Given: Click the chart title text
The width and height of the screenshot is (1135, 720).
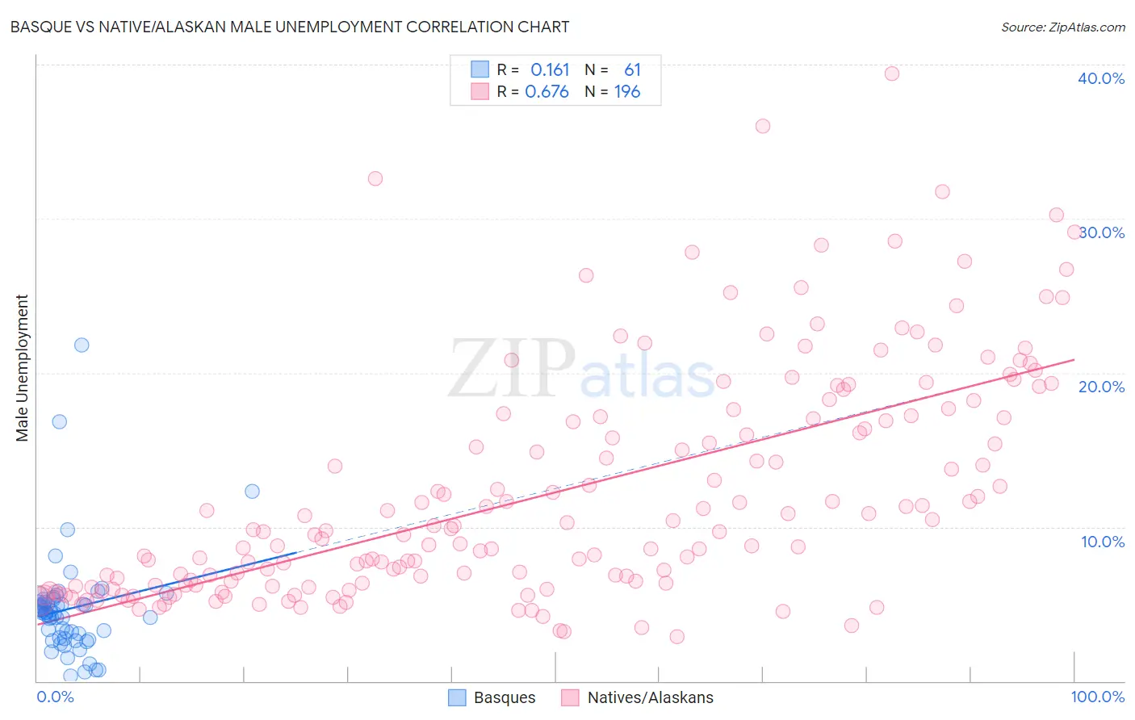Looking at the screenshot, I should point(290,27).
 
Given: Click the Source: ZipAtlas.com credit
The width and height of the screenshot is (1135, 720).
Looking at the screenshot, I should point(1062,27).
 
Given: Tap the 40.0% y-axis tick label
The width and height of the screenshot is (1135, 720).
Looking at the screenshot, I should point(1100,78).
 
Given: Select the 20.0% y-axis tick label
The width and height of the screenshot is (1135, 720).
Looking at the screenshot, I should point(1101,387).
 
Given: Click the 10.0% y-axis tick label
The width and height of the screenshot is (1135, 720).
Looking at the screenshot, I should point(1102,542).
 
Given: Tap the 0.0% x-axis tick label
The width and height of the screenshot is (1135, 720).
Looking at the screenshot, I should point(55,697).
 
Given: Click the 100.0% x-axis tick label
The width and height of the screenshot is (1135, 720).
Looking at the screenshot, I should point(1097,697).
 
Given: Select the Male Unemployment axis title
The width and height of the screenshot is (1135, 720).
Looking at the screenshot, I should point(22,368).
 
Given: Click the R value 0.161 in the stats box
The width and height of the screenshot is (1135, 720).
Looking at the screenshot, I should point(550,69).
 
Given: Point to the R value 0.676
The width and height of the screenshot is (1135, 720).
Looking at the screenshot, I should point(547,91).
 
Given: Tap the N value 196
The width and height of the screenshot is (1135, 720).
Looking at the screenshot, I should point(627,91).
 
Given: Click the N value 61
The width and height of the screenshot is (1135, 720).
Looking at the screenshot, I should point(632,69).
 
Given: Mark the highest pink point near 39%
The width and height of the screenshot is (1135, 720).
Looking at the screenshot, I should point(892,73).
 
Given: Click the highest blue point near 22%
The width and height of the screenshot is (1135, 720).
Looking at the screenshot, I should point(82,345).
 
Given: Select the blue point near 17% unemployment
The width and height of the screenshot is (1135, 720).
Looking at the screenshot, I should point(59,421).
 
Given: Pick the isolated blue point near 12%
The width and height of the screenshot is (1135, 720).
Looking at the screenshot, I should point(252,491).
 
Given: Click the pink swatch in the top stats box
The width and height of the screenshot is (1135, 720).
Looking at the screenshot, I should point(480,91).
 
